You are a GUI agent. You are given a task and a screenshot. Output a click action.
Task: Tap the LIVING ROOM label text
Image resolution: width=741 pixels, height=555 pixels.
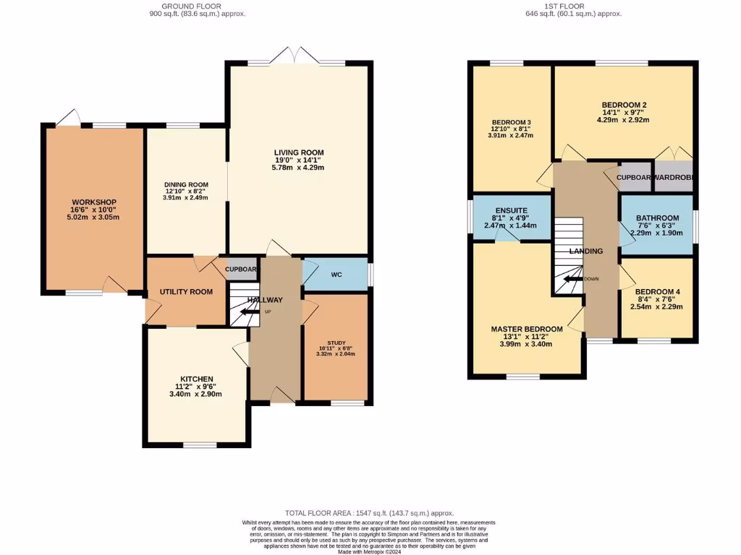[x=298, y=152]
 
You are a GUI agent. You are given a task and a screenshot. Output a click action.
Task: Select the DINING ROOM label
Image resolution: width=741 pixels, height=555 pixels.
[x=185, y=184]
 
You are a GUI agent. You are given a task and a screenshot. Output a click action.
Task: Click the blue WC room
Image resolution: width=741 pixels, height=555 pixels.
[x=335, y=275]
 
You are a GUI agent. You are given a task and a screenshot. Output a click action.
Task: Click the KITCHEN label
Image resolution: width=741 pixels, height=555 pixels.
[x=197, y=379]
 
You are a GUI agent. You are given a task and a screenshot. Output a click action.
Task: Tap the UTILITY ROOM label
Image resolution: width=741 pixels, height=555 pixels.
[x=186, y=292]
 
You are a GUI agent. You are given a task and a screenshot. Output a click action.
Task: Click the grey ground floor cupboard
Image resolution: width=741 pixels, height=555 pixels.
[x=241, y=269]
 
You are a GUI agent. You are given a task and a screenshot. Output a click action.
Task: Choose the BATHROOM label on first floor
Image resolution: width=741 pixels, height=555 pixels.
[x=657, y=218]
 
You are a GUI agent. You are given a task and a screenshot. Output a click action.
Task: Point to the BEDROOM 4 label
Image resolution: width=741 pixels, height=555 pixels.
[x=657, y=292]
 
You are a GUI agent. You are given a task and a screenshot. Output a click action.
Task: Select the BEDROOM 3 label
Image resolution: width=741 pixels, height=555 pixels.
[x=511, y=122]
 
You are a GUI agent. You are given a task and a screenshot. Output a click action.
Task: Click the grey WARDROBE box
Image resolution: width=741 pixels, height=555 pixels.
[x=674, y=177]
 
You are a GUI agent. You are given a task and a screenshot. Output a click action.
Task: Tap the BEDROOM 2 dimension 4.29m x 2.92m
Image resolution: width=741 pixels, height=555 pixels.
[x=623, y=120]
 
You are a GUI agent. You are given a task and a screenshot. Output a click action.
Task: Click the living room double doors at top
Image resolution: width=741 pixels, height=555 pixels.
[x=297, y=56]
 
